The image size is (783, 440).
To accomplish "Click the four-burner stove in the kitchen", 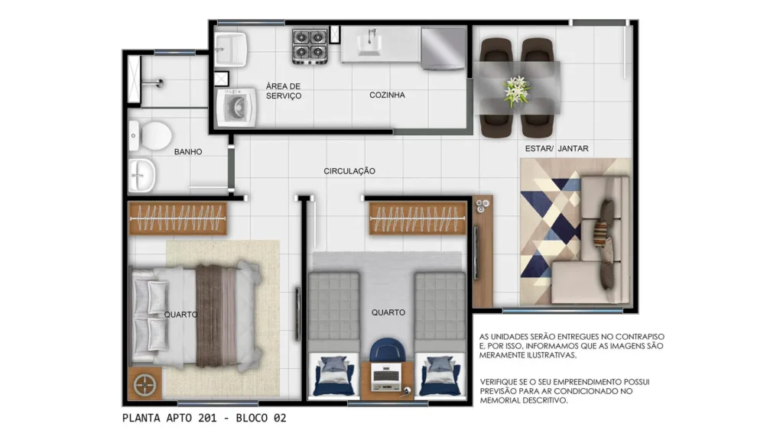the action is pyautogui.click(x=310, y=46).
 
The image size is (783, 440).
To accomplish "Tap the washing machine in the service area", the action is pyautogui.click(x=236, y=108).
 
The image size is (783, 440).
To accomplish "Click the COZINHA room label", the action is pyautogui.click(x=387, y=95).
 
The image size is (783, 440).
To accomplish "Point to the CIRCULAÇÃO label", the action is pyautogui.click(x=349, y=171).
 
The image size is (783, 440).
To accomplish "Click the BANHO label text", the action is pyautogui.click(x=188, y=152).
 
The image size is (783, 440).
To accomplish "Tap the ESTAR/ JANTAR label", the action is pyautogui.click(x=557, y=148).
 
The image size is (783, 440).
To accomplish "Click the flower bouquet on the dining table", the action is pyautogui.click(x=517, y=92).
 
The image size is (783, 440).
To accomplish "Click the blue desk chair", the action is pyautogui.click(x=388, y=348).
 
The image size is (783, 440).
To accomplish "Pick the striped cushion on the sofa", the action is pyautogui.click(x=601, y=234).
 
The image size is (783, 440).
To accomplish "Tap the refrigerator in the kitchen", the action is pyautogui.click(x=443, y=48).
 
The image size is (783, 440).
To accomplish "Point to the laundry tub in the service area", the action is pyautogui.click(x=231, y=50).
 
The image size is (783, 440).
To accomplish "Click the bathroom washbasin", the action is pyautogui.click(x=141, y=175).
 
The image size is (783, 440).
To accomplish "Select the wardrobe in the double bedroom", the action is pyautogui.click(x=177, y=218).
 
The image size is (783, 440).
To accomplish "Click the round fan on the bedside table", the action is pyautogui.click(x=145, y=384).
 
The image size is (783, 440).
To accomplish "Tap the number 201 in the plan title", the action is pyautogui.click(x=207, y=418).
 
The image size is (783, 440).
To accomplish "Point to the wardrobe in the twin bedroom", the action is pyautogui.click(x=417, y=218).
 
